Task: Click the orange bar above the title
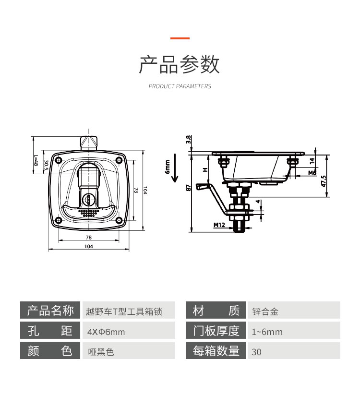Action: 180,38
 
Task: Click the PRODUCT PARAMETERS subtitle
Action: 180,86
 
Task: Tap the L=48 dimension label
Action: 36,161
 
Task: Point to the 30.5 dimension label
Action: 46,166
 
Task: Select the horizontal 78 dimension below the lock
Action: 89,238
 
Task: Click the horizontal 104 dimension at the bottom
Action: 89,247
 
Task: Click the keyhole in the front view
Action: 90,199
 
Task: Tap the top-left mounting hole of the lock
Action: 58,160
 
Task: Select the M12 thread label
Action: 219,225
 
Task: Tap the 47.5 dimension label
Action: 324,181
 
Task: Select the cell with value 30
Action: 257,352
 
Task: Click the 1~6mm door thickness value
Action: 267,332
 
